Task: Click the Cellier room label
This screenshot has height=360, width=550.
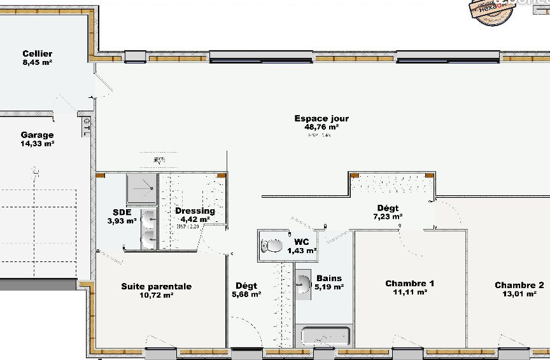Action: click(x=37, y=54)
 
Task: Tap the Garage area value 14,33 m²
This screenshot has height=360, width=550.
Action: click(x=37, y=144)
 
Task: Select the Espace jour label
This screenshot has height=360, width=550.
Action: click(x=321, y=118)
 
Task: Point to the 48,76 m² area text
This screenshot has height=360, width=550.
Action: click(x=321, y=127)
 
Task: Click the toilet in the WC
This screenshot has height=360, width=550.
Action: click(x=273, y=246)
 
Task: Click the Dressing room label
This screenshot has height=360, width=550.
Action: click(x=195, y=211)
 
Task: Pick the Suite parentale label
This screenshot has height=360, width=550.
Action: click(x=156, y=286)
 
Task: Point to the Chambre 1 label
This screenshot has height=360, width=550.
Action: click(x=409, y=284)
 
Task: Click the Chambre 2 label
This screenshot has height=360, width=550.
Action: click(x=519, y=285)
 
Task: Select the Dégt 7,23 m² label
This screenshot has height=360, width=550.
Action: click(x=388, y=208)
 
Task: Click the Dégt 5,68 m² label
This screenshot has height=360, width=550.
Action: click(x=246, y=286)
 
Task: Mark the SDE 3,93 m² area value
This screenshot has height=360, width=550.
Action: click(x=122, y=221)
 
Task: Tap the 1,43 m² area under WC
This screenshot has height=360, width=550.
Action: click(x=302, y=251)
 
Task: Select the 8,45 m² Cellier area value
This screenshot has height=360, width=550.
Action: click(x=37, y=62)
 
